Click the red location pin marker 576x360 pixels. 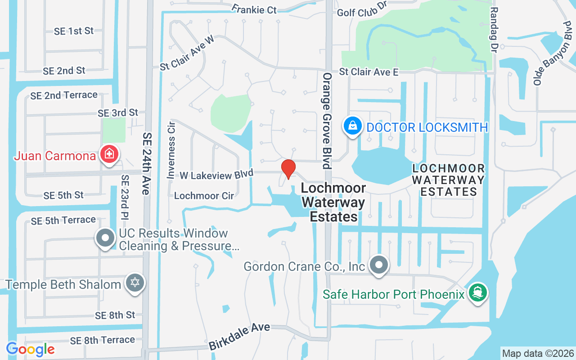[x=288, y=169]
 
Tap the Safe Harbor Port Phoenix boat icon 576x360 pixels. [x=477, y=293]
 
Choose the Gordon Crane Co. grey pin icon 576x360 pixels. [x=379, y=265]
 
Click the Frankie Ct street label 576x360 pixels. [x=254, y=9]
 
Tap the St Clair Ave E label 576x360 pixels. [x=369, y=72]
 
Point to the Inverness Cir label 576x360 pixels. [x=171, y=150]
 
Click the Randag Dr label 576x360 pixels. [x=494, y=29]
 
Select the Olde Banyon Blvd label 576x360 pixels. [x=551, y=53]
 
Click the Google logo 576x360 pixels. [x=30, y=349]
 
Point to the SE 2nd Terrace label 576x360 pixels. [x=64, y=95]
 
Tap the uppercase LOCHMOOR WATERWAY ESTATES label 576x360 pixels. [x=449, y=180]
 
